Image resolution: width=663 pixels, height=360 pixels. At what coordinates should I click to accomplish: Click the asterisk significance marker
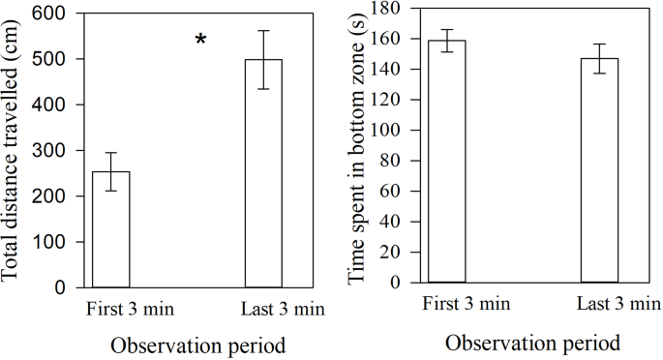(x=200, y=40)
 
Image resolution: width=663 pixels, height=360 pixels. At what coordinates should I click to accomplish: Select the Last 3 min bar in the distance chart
(x=262, y=173)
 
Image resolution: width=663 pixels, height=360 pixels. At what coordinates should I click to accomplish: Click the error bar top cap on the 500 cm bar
(x=262, y=31)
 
